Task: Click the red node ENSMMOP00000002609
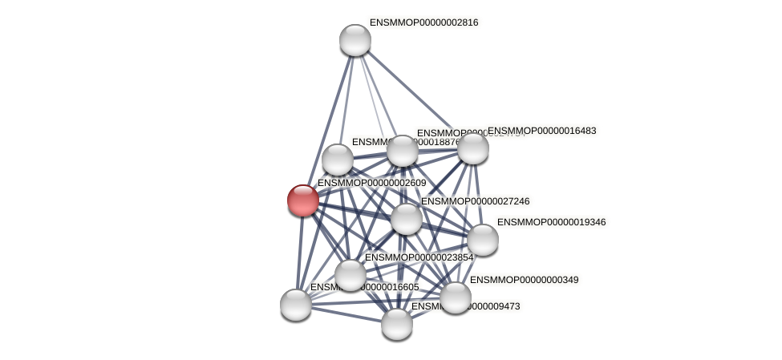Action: (303, 200)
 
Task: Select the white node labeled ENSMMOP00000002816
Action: (355, 40)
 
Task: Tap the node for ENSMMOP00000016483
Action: (472, 148)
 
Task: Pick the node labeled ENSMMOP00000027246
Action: (407, 218)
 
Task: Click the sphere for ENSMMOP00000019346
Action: (482, 239)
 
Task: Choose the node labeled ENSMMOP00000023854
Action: (350, 275)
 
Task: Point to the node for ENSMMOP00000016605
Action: (296, 304)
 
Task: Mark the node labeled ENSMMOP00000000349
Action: (455, 297)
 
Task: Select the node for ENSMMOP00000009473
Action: (396, 323)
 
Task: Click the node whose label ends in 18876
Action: (338, 160)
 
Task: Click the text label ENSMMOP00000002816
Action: (423, 22)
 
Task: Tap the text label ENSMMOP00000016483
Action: (542, 131)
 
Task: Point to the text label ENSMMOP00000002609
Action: (371, 184)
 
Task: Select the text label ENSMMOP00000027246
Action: (475, 201)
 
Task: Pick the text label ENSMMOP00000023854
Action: (419, 257)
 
